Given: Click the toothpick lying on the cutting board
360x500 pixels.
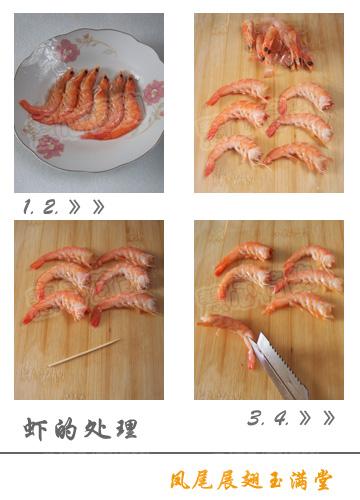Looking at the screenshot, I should coord(85,352).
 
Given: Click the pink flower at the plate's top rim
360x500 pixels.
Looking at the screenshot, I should coord(67,49).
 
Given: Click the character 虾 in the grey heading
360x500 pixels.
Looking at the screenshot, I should coord(36,430).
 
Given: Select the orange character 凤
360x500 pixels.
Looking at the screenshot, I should coord(179,480).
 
